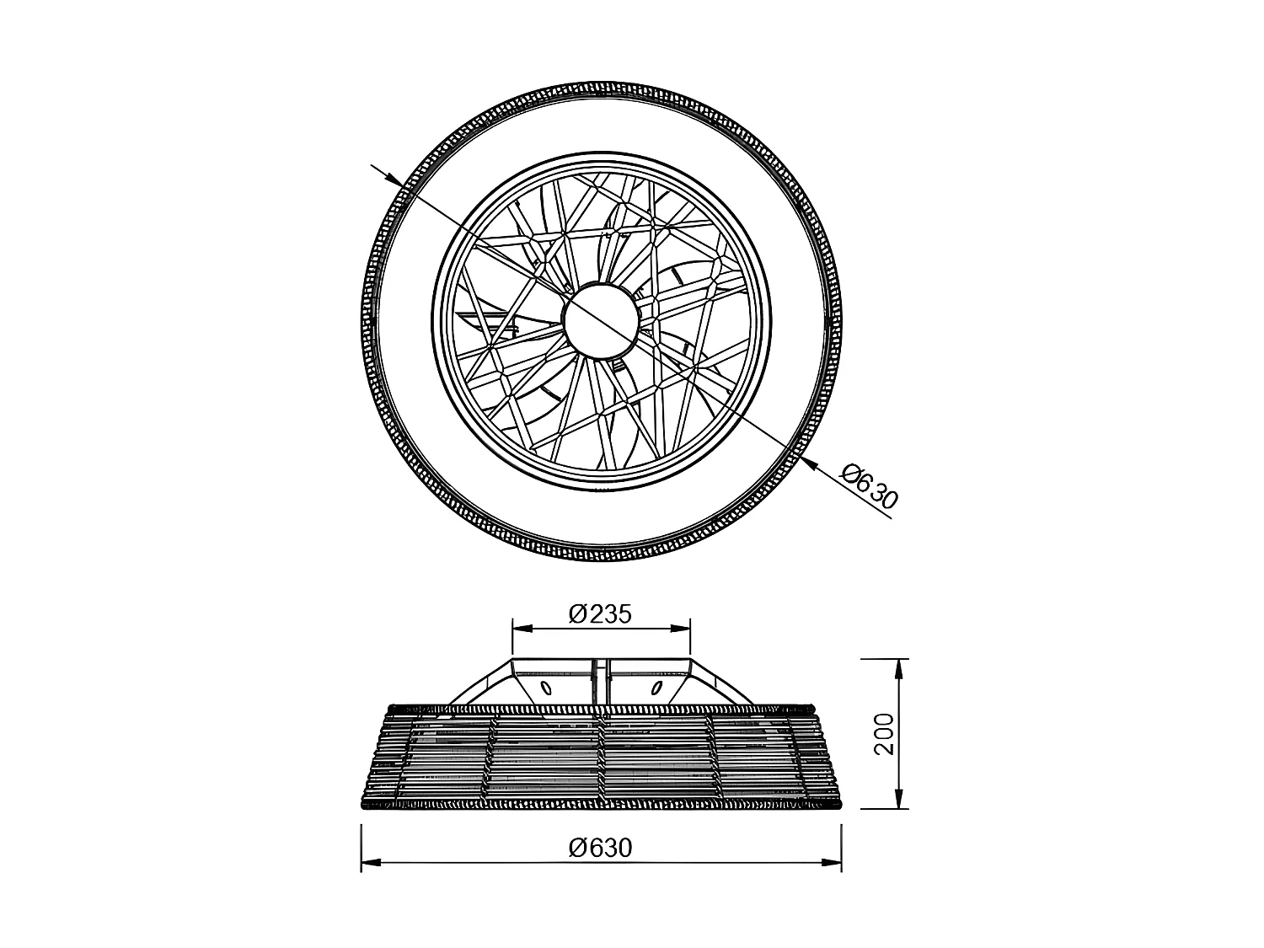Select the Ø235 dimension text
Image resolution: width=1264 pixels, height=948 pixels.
pos(600,614)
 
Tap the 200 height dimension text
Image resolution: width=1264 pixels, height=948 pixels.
pos(884,734)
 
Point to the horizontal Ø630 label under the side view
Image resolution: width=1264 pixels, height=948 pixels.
pos(600,848)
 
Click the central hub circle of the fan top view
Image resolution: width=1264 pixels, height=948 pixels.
pos(599,321)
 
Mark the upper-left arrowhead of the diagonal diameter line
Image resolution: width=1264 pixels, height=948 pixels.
pos(393,178)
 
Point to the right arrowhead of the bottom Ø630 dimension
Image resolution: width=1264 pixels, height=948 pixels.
pos(833,862)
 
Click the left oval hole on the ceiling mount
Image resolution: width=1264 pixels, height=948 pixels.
pos(546,688)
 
